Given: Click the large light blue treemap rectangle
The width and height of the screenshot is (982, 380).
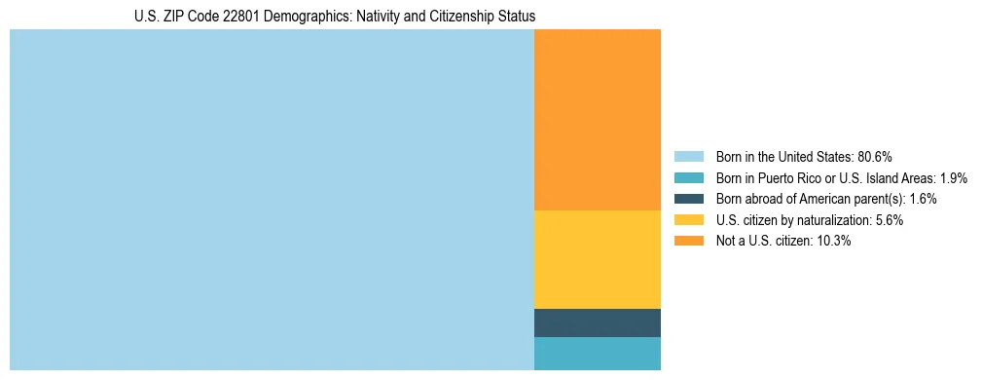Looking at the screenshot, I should (272, 200).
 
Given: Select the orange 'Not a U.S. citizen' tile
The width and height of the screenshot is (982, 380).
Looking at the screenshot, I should (598, 120).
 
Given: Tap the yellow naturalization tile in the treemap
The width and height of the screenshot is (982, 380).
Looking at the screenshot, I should (598, 259).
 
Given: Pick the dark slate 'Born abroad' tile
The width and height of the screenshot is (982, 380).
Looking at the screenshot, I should (598, 323).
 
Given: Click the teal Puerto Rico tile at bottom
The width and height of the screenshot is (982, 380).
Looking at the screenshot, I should (598, 353).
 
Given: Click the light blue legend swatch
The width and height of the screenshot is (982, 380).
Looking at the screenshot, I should (689, 157).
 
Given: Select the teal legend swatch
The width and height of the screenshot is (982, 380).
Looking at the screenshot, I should (689, 178).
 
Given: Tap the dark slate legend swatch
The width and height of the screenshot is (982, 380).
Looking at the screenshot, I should (689, 199).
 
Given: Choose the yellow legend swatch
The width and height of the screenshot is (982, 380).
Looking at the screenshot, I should (689, 220).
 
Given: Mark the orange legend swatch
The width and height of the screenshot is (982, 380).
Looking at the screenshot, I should (689, 242).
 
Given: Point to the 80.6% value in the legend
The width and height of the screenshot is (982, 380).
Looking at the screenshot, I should (875, 157).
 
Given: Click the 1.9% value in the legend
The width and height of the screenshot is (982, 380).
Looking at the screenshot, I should (954, 178).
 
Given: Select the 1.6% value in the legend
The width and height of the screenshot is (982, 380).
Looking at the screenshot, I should (924, 199).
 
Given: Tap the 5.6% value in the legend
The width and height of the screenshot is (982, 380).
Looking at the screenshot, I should (890, 220).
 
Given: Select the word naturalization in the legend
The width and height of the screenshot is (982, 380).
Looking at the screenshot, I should (828, 220).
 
